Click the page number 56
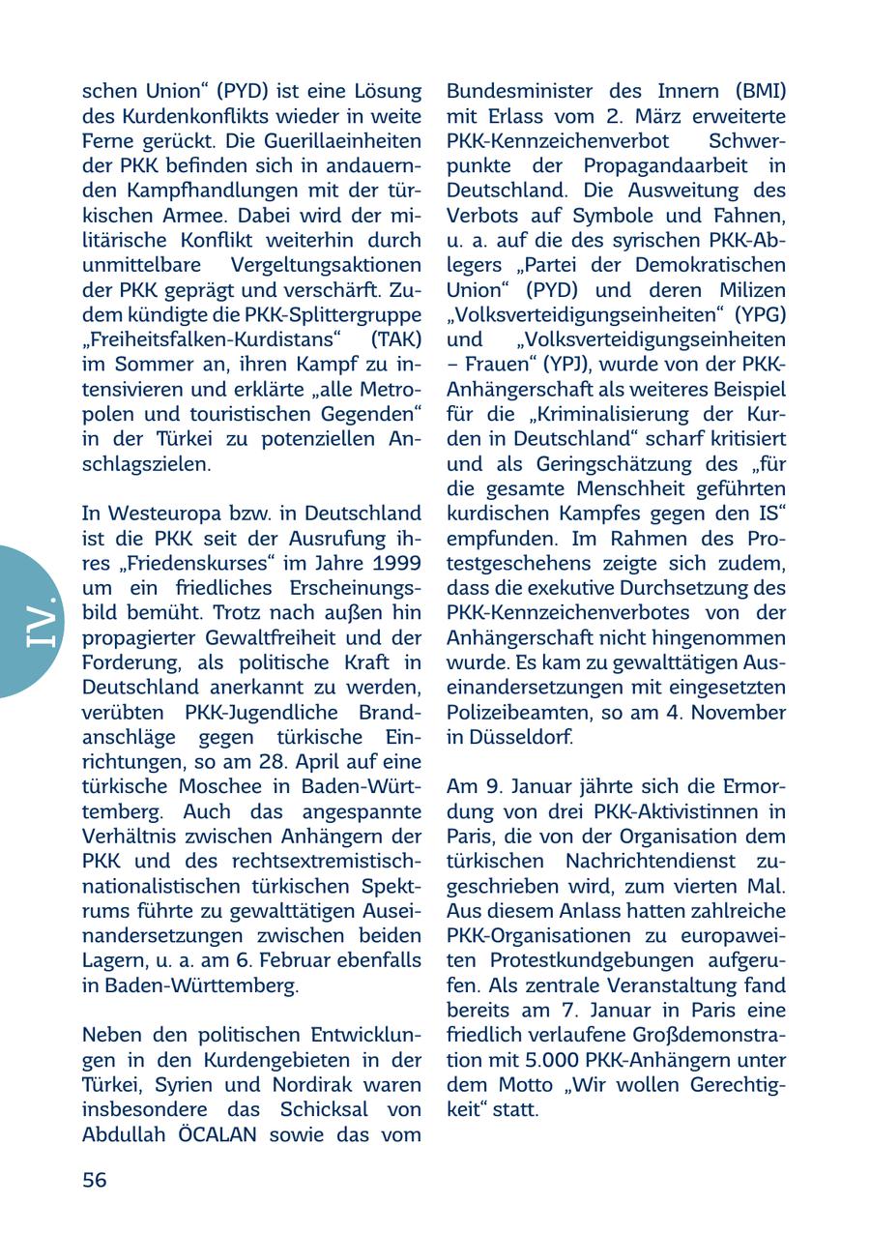[x=95, y=1179]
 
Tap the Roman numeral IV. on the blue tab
[x=42, y=622]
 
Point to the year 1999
[x=397, y=563]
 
